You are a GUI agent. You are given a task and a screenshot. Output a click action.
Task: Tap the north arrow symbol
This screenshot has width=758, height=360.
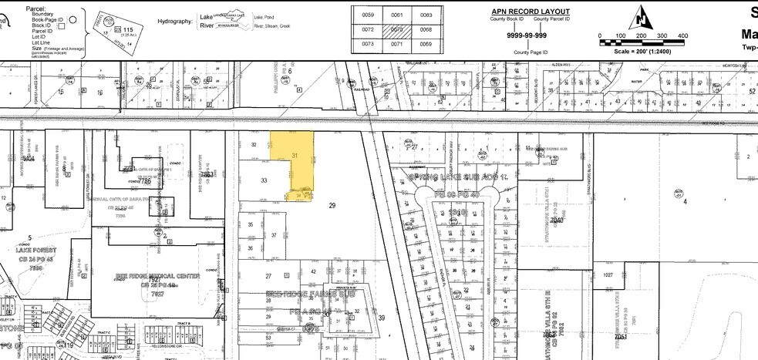click(642, 17)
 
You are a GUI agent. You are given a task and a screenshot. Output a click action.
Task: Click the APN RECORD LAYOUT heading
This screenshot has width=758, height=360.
click(531, 12)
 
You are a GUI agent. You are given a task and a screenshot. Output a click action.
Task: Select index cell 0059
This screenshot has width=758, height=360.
click(368, 15)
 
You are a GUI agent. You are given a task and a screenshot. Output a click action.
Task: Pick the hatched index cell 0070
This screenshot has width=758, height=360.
click(397, 29)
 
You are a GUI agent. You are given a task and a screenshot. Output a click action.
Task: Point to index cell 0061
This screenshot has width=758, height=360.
click(397, 15)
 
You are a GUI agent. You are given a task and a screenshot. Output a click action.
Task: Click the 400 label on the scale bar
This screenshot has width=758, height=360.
click(682, 36)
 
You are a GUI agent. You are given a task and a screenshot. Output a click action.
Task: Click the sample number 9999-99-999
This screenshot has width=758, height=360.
click(527, 35)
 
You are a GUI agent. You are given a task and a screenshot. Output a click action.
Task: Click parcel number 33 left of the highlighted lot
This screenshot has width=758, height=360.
click(264, 180)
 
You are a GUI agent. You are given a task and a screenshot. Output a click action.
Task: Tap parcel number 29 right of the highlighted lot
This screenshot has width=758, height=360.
click(332, 206)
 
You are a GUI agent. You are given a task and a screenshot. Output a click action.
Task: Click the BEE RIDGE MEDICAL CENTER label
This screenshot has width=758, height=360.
click(157, 275)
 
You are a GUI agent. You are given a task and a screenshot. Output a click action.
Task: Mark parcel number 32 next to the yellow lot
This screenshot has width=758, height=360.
click(253, 144)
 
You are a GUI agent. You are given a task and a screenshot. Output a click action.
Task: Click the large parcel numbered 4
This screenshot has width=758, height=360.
click(685, 202)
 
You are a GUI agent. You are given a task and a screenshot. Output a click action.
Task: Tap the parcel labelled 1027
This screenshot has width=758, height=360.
click(608, 274)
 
